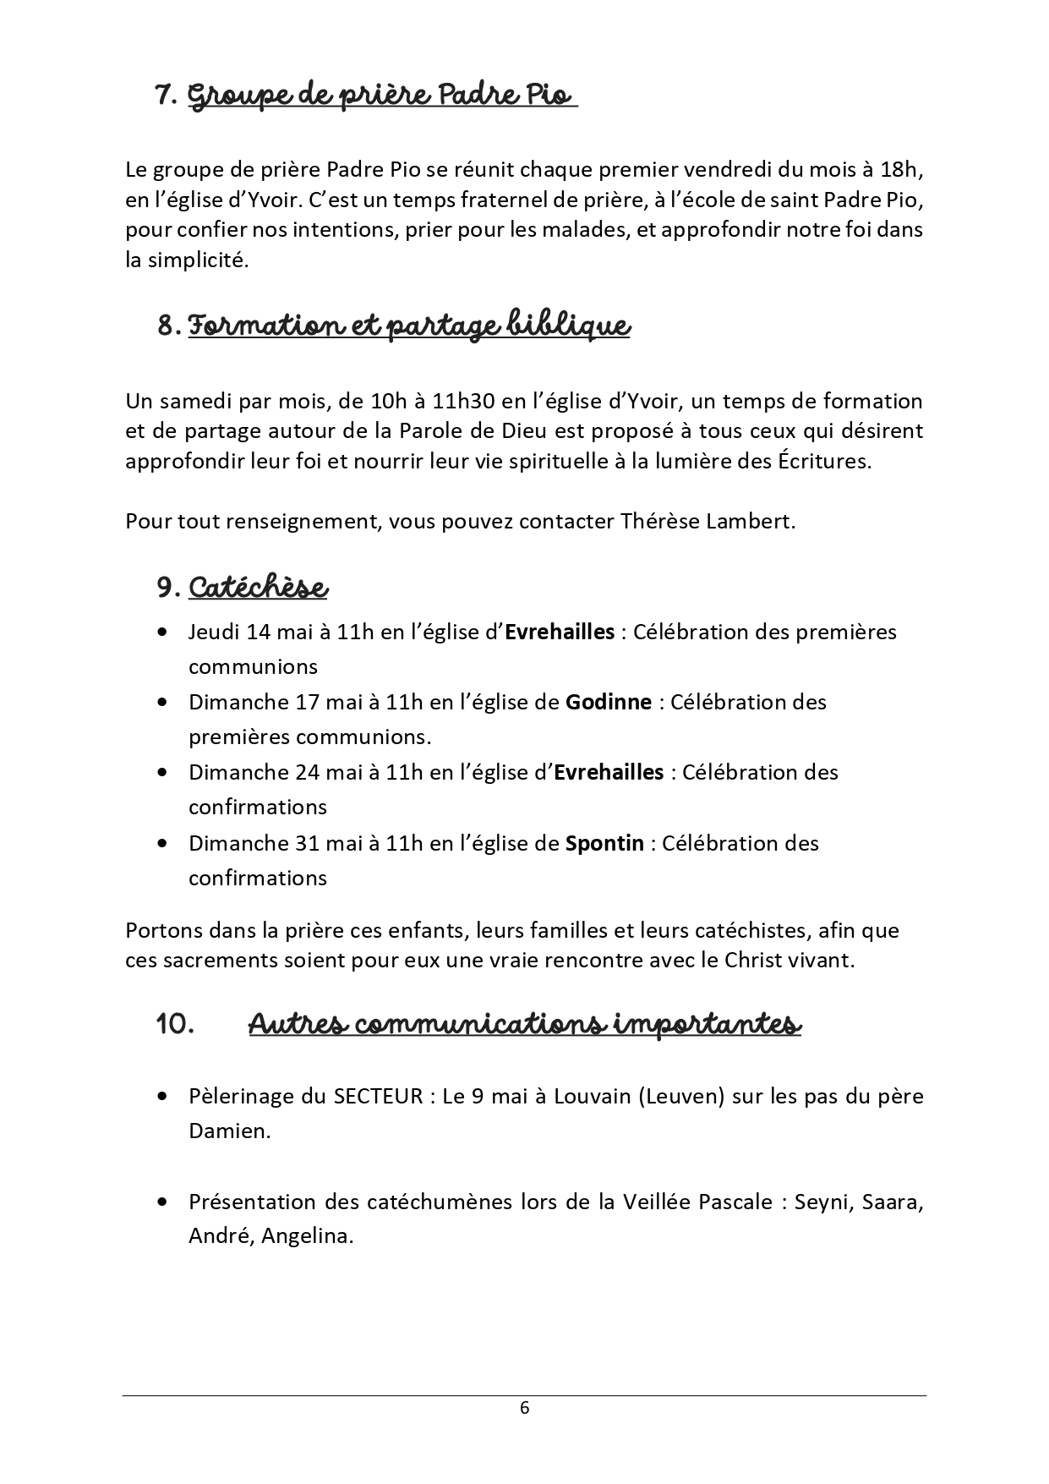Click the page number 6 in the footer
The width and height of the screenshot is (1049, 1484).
[x=524, y=1407]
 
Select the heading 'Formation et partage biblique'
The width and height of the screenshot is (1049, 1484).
[x=408, y=326]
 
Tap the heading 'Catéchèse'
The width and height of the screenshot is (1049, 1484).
[x=258, y=587]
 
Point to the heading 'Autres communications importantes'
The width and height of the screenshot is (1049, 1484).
[x=524, y=1024]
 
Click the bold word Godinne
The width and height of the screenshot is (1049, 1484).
[x=608, y=702]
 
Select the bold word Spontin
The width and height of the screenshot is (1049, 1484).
[x=604, y=843]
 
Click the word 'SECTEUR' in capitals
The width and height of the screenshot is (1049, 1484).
[x=378, y=1096]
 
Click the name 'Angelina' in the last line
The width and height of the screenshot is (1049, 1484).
[x=306, y=1236]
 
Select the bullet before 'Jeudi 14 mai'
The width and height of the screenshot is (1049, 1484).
[x=162, y=632]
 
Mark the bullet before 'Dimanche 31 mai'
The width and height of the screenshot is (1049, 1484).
[x=162, y=844]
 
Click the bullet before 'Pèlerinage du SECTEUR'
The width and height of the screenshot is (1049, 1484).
[x=162, y=1097]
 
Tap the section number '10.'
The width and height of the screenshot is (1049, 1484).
[x=176, y=1024]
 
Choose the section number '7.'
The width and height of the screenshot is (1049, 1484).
[x=166, y=96]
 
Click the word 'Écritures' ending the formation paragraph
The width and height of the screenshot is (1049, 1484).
[x=826, y=462]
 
